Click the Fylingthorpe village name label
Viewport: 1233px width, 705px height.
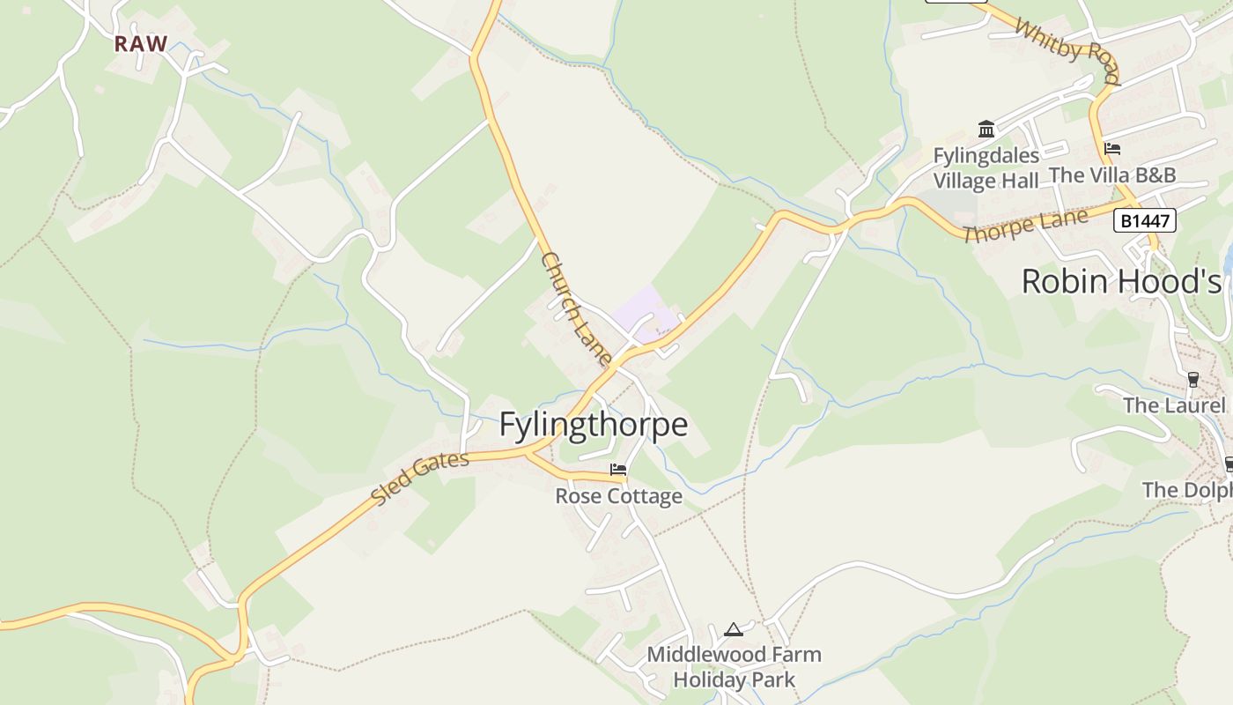coord(593,425)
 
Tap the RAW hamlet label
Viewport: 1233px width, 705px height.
coord(141,44)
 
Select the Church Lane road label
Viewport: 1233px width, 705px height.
coord(576,309)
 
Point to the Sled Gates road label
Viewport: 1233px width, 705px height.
coord(420,479)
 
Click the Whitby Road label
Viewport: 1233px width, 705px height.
coord(1067,49)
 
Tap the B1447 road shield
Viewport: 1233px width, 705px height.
coord(1145,220)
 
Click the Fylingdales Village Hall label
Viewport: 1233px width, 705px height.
coord(986,168)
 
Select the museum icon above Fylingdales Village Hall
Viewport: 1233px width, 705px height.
coord(986,130)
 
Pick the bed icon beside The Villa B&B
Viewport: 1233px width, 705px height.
coord(1112,148)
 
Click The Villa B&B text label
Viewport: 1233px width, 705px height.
coord(1112,175)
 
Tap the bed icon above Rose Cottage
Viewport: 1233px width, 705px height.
coord(618,470)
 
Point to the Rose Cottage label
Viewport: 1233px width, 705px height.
coord(618,496)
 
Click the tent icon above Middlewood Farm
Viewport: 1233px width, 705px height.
coord(734,629)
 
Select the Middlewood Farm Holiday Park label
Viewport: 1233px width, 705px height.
coord(734,667)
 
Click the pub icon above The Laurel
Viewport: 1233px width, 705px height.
coord(1193,379)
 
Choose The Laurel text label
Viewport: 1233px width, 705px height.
coord(1174,405)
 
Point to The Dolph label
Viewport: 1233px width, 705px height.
coord(1186,490)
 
